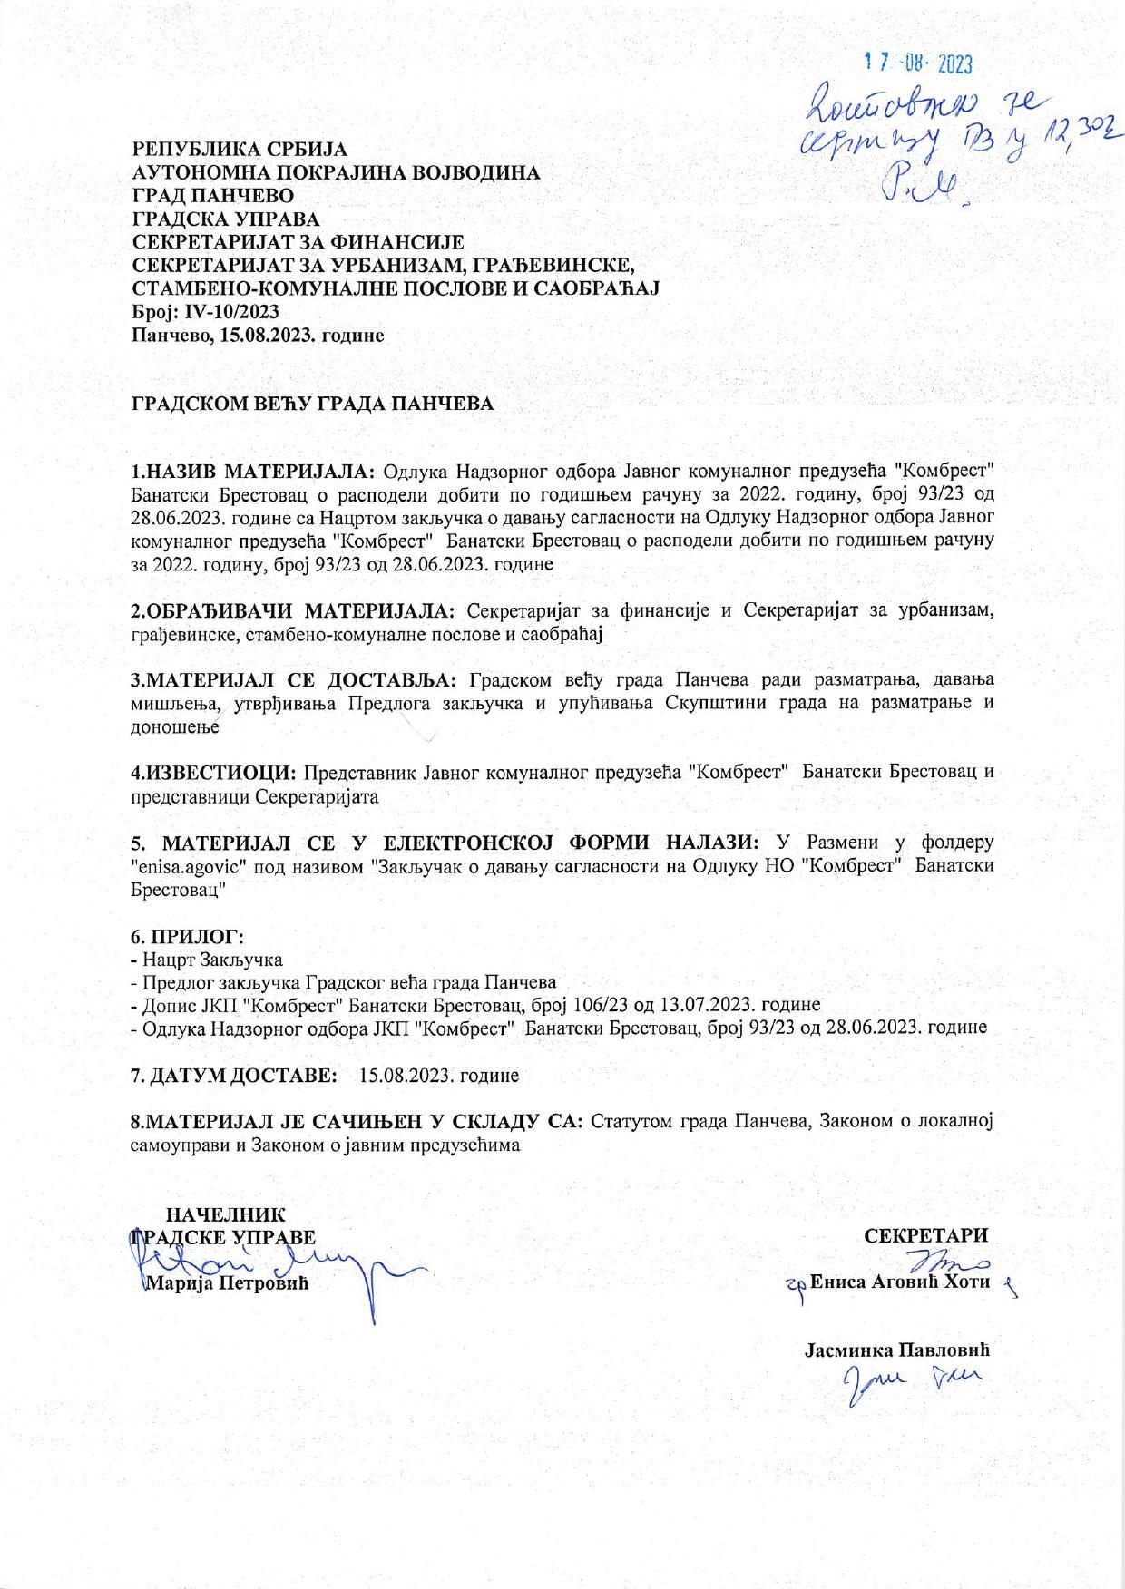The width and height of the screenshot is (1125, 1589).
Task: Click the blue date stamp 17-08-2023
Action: pos(918,63)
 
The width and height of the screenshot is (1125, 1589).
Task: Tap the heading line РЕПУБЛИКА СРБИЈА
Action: pos(240,148)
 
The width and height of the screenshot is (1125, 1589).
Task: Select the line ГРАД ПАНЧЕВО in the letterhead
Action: pos(213,195)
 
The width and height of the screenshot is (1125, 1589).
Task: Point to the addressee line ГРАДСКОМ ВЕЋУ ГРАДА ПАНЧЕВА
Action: pos(313,404)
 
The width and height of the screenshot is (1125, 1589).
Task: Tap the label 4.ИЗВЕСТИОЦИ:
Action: pos(214,773)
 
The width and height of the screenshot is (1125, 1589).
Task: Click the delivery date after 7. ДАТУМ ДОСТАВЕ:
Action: pos(439,1076)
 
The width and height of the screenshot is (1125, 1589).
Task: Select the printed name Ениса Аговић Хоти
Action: pos(898,1282)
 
